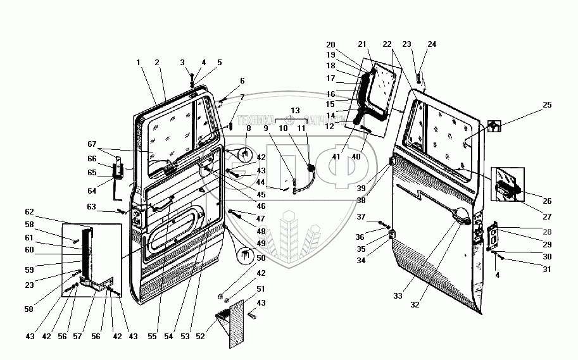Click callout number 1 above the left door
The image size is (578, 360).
[x=137, y=63]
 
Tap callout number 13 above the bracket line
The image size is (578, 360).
[x=295, y=110]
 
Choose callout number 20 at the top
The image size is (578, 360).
[x=330, y=45]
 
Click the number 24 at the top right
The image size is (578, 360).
[x=432, y=44]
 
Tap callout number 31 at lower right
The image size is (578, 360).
[x=546, y=269]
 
